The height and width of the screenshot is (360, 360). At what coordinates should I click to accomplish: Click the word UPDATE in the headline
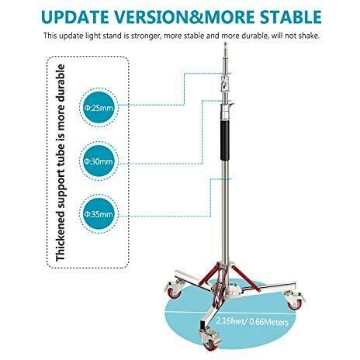(x=75, y=17)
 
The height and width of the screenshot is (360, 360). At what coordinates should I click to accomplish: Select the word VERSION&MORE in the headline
(x=185, y=17)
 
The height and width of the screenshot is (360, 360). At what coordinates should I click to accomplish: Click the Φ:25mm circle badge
(x=99, y=107)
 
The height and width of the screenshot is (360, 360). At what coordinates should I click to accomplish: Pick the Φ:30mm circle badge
(x=99, y=161)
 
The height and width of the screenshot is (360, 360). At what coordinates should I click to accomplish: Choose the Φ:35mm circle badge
(x=99, y=214)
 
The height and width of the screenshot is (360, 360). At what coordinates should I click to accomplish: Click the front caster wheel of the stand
(x=210, y=339)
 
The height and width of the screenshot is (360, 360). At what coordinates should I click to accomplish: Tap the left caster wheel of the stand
(x=173, y=289)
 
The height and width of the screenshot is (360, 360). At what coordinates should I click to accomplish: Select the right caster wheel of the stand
(x=295, y=300)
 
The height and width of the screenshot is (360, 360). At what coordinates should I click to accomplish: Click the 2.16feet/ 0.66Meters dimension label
(x=252, y=321)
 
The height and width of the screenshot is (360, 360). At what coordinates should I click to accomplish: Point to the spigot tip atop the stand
(x=226, y=45)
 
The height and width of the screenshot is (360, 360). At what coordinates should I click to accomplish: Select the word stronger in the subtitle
(x=144, y=36)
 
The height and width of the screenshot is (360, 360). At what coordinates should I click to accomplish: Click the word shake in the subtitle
(x=308, y=36)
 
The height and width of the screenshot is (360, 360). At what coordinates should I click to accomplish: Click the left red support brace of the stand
(x=209, y=275)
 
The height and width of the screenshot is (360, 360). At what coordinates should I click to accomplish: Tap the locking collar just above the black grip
(x=226, y=111)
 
